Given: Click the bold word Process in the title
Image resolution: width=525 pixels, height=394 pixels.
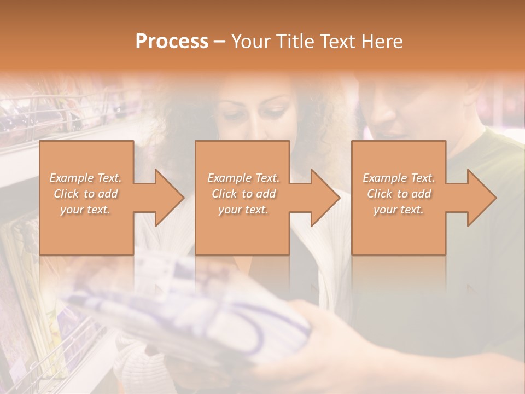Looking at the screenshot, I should tap(172, 41).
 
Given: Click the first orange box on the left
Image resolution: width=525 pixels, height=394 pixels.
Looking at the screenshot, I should tap(86, 230).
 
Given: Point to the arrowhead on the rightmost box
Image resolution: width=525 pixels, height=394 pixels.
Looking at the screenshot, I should tap(481, 198).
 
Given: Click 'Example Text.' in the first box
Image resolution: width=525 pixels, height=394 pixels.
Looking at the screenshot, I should tap(86, 178).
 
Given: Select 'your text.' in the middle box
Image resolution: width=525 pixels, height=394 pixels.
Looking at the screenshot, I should tap(243, 210).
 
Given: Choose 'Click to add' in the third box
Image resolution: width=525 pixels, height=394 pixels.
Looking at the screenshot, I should tap(399, 194).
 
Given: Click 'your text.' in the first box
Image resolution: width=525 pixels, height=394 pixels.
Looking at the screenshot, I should tap(85, 210).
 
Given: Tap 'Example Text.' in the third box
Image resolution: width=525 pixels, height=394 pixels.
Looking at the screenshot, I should tap(399, 178).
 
